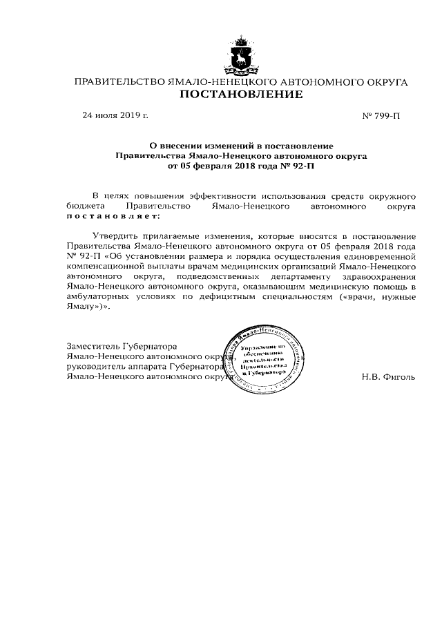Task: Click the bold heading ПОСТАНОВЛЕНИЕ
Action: [x=241, y=95]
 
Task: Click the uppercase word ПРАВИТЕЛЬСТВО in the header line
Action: [x=119, y=82]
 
